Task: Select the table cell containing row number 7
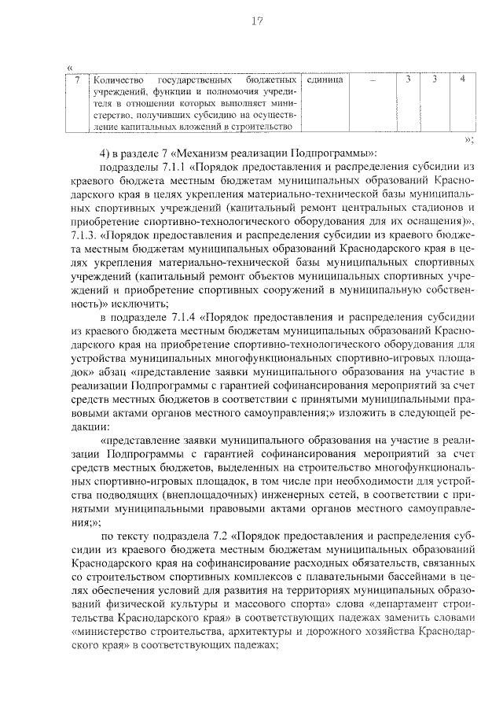tap(76, 80)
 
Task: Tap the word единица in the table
tap(323, 80)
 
